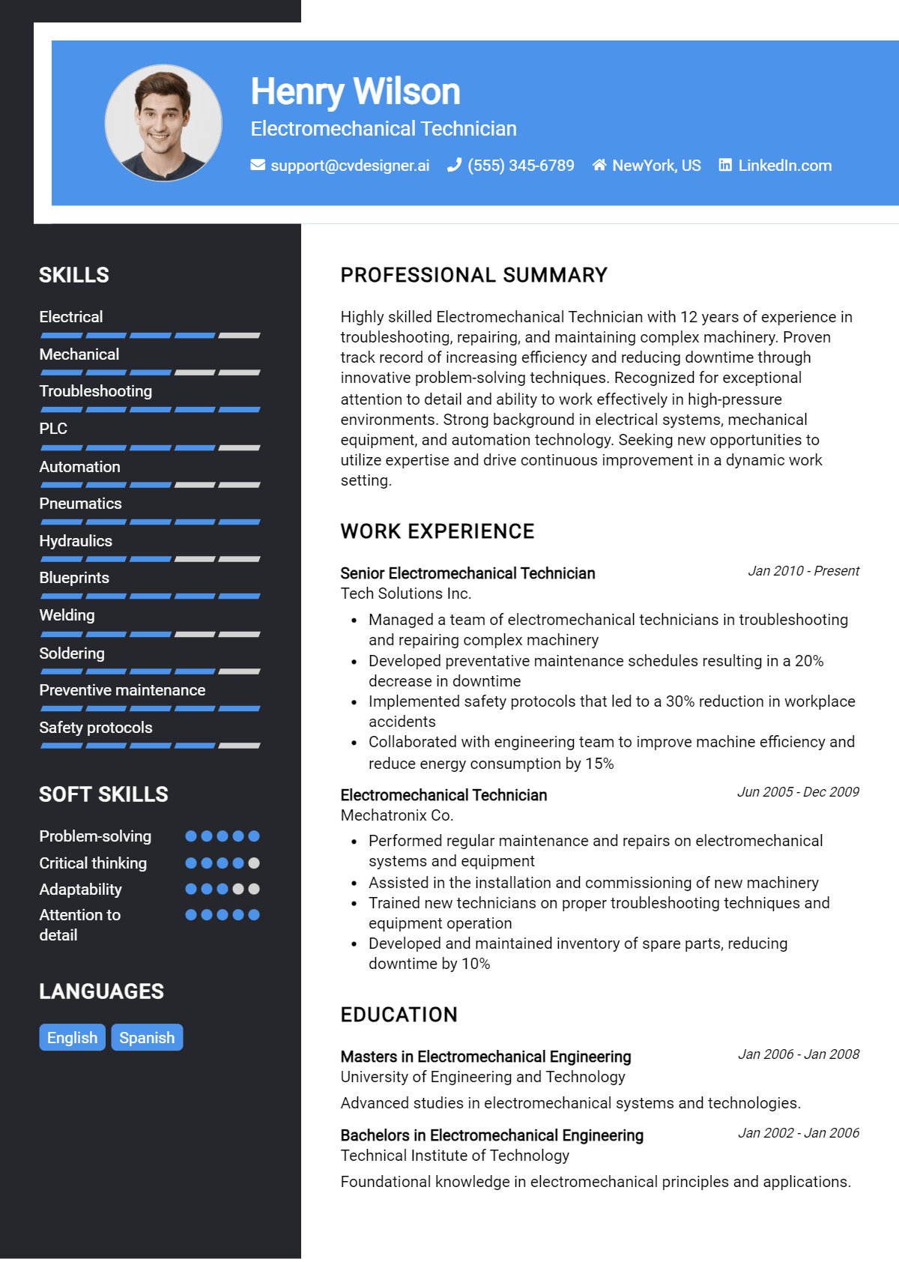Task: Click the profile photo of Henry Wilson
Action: (x=163, y=123)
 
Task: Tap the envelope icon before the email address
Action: (x=258, y=165)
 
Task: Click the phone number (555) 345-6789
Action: (x=521, y=166)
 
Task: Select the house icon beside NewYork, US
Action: (x=599, y=165)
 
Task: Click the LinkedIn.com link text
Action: (x=784, y=166)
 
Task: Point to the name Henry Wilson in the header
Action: (x=355, y=91)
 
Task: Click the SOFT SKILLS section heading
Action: (x=103, y=794)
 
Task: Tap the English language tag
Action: (x=72, y=1037)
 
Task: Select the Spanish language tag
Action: (x=147, y=1037)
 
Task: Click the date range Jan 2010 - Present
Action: (x=803, y=571)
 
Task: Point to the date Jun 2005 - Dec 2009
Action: (x=798, y=792)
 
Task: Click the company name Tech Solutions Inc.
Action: (x=405, y=594)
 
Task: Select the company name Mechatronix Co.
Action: (x=397, y=815)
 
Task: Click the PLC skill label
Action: (x=53, y=429)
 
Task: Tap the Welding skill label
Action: (x=67, y=615)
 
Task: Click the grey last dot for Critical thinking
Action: (x=254, y=863)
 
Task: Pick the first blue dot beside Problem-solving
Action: (x=191, y=836)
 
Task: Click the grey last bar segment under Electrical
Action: (x=240, y=336)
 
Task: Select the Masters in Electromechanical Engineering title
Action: (x=485, y=1057)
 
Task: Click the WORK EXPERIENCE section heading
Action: (x=438, y=531)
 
